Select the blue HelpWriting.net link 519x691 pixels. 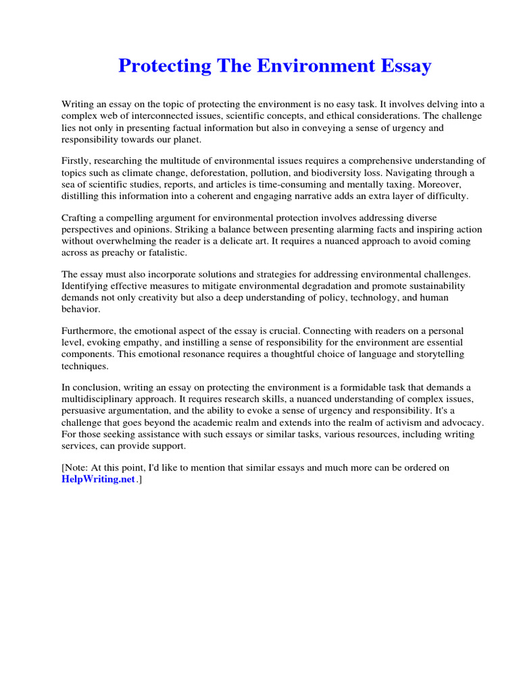pyautogui.click(x=99, y=479)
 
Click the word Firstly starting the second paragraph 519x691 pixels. pyautogui.click(x=76, y=161)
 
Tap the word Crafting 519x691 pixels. pyautogui.click(x=80, y=218)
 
